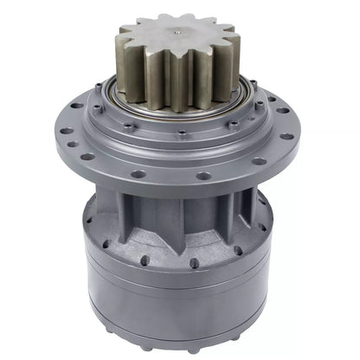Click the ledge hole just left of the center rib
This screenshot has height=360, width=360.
[x=147, y=252]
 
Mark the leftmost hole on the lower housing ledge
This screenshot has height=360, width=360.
[x=89, y=221]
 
